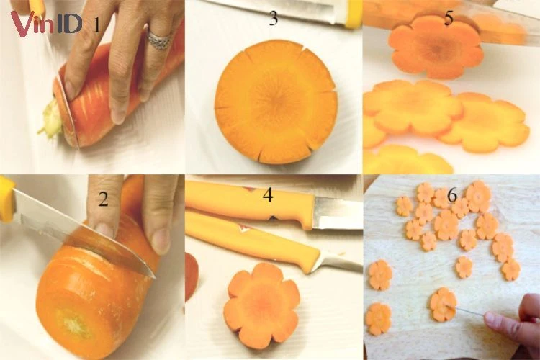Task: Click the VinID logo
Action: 47,24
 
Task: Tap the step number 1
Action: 96,24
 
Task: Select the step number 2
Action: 103,199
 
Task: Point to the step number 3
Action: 273,18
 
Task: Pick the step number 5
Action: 448,18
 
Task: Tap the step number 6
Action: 452,195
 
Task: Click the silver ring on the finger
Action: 159,40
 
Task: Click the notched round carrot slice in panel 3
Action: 276,102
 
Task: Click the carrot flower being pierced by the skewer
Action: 444,305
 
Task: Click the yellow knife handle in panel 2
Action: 7,200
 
